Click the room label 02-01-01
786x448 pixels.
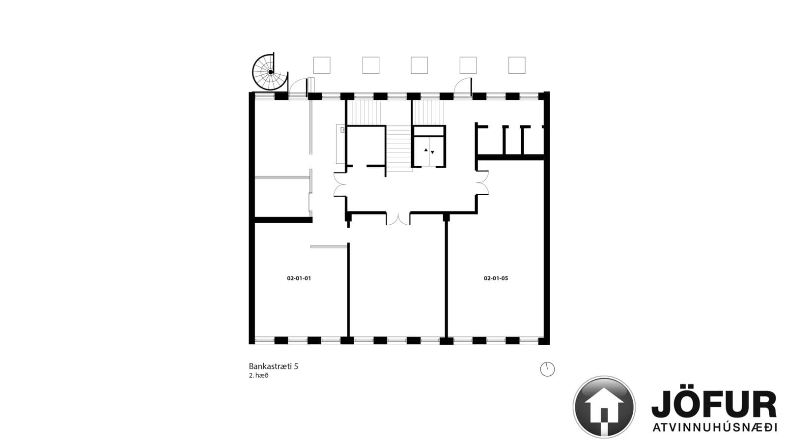tap(299, 278)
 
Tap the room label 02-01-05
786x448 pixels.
tap(496, 278)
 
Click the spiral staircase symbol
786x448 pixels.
tap(270, 72)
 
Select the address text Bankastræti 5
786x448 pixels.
tap(273, 366)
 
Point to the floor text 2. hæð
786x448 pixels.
tap(258, 375)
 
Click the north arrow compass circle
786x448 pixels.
tap(547, 369)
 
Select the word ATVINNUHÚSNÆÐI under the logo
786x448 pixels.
tap(714, 427)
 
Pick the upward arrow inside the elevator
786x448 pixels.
tap(426, 150)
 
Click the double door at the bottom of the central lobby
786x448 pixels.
tap(398, 218)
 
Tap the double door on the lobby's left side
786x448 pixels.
tap(339, 184)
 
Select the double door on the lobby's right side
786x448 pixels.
tap(482, 182)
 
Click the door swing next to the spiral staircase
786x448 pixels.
tap(298, 87)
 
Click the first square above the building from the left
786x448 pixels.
tap(322, 65)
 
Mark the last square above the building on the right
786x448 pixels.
tap(517, 65)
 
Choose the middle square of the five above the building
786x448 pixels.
tap(420, 65)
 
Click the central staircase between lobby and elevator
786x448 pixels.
tap(399, 149)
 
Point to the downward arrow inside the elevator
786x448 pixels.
tap(433, 152)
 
